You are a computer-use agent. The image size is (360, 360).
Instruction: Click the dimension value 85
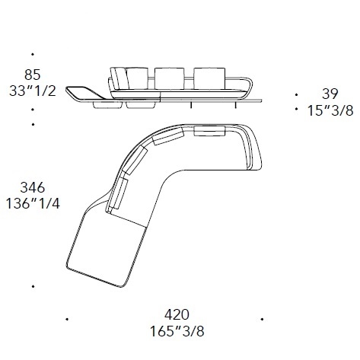[33, 75]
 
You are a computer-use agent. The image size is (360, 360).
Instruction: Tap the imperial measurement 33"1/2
[33, 91]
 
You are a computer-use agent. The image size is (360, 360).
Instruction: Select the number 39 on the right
[330, 94]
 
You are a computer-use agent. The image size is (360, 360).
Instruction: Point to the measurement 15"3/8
[330, 110]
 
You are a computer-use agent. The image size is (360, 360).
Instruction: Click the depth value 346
[33, 187]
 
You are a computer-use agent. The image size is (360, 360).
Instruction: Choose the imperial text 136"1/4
[33, 203]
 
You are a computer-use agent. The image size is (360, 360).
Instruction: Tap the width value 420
[177, 315]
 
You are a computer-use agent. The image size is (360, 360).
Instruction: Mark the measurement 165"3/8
[177, 331]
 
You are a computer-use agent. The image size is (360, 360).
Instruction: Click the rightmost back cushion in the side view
[209, 78]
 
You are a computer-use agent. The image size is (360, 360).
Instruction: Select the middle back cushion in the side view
[170, 78]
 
